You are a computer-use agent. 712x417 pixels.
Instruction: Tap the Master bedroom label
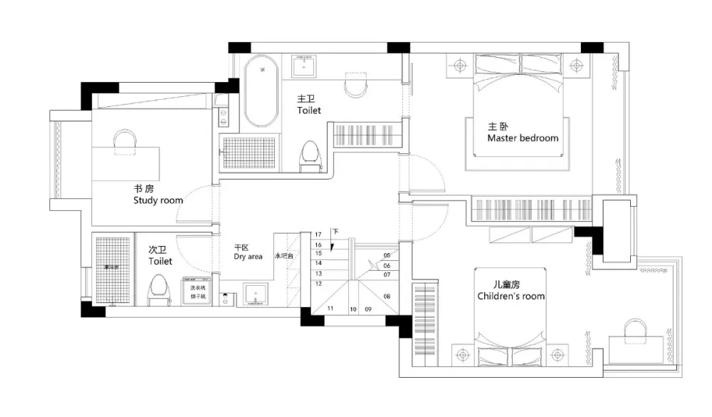[x=523, y=138]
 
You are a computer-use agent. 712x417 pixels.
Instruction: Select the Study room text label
[x=158, y=200]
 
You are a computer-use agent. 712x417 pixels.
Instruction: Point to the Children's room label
[x=511, y=296]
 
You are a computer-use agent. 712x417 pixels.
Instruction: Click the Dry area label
[x=248, y=256]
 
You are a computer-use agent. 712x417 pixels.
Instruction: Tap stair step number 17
[x=318, y=234]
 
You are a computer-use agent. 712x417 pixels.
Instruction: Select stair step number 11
[x=330, y=309]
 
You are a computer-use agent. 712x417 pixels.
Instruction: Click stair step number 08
[x=387, y=295]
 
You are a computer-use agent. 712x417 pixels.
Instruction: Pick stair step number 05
[x=387, y=254]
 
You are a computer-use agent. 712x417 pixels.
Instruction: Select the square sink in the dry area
[x=255, y=294]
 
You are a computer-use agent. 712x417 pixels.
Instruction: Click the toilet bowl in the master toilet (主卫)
[x=310, y=155]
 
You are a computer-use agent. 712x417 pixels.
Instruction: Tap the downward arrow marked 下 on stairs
[x=335, y=231]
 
